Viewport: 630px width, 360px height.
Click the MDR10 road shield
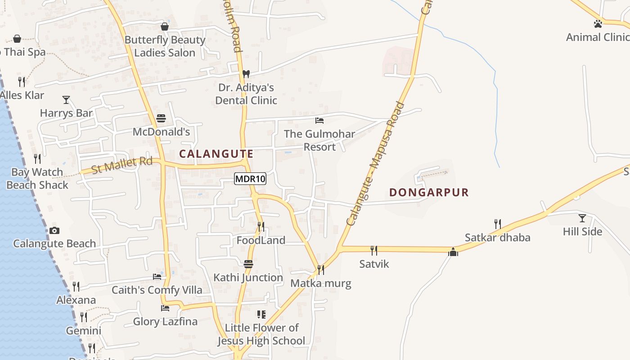point(250,179)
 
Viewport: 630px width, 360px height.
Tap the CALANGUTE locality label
point(216,154)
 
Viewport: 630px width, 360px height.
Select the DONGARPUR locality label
point(429,193)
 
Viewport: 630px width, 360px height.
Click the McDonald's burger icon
point(161,118)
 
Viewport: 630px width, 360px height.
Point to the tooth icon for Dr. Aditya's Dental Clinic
point(246,74)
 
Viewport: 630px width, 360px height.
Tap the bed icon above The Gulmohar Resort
point(319,121)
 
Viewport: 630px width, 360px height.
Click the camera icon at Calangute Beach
point(54,230)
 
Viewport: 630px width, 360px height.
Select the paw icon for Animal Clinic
point(598,24)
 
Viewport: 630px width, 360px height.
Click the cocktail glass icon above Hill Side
point(582,218)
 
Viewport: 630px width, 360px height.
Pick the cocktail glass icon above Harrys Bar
point(66,99)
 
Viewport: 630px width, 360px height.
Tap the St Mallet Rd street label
point(122,165)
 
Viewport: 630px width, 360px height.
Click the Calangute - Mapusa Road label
point(376,164)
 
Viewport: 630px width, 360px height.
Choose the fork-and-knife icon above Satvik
point(373,250)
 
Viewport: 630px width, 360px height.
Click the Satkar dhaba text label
point(497,238)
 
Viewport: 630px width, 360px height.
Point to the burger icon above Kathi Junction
point(248,264)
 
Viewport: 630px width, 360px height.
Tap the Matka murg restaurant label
point(320,283)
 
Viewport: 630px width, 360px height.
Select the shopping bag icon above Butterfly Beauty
point(165,27)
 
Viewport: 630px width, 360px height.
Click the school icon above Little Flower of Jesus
point(261,314)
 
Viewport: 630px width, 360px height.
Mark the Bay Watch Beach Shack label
point(37,179)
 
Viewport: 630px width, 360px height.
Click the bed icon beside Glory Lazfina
point(165,308)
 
